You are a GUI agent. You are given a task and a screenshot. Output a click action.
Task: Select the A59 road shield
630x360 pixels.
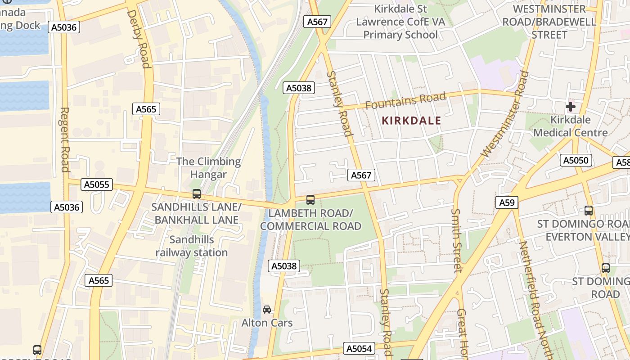pyautogui.click(x=507, y=202)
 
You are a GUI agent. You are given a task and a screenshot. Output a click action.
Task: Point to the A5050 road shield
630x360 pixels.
pyautogui.click(x=576, y=160)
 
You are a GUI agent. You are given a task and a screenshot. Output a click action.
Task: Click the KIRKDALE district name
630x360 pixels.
pyautogui.click(x=411, y=121)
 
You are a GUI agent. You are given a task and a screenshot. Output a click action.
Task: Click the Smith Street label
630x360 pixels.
pyautogui.click(x=457, y=240)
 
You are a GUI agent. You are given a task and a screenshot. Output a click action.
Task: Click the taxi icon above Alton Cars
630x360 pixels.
pyautogui.click(x=267, y=310)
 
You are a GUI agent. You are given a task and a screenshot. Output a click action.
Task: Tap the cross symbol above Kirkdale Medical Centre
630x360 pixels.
pyautogui.click(x=571, y=107)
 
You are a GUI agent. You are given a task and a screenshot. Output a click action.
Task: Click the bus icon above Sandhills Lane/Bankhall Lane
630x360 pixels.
pyautogui.click(x=197, y=194)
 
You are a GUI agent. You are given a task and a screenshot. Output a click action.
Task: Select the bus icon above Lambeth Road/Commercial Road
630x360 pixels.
pyautogui.click(x=310, y=199)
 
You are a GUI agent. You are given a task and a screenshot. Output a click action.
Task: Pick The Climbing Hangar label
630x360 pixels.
pyautogui.click(x=208, y=168)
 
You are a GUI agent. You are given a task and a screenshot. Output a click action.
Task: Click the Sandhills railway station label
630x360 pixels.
pyautogui.click(x=192, y=246)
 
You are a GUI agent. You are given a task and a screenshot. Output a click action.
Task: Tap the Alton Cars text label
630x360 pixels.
pyautogui.click(x=267, y=323)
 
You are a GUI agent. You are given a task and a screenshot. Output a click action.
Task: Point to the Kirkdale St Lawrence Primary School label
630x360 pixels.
pyautogui.click(x=400, y=22)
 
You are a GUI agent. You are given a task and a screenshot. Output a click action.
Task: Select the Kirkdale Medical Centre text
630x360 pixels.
pyautogui.click(x=571, y=126)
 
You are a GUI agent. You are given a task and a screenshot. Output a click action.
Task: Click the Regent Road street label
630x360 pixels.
pyautogui.click(x=65, y=139)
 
